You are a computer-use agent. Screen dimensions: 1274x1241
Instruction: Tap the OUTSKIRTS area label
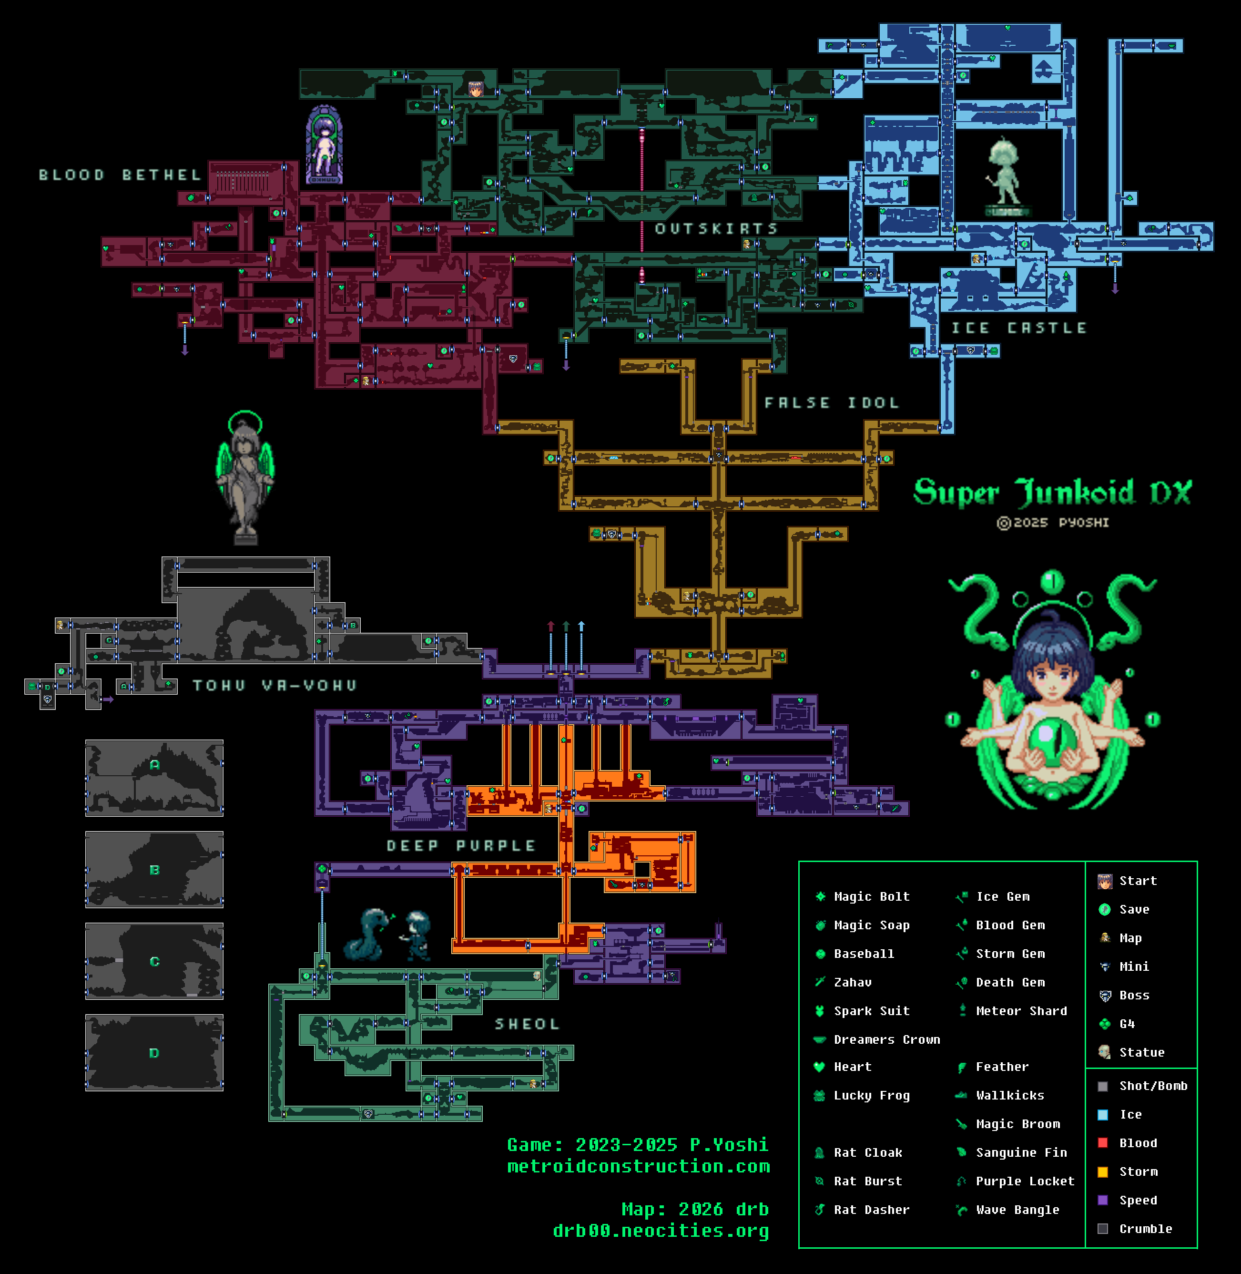[716, 229]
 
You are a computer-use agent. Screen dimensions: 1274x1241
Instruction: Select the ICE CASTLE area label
[1019, 328]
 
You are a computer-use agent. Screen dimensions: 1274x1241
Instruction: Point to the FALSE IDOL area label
[832, 403]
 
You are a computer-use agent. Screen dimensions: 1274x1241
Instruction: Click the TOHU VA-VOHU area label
[275, 685]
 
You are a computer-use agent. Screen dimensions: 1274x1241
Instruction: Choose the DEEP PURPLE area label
[461, 846]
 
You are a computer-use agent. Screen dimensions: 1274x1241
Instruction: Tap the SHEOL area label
[527, 1024]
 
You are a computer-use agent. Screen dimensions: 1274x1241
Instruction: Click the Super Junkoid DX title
[1052, 492]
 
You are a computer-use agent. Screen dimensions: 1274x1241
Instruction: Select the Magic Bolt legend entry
[871, 896]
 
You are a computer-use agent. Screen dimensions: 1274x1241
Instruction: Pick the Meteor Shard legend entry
[1021, 1011]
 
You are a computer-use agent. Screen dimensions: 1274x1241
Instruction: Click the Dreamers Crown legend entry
[886, 1039]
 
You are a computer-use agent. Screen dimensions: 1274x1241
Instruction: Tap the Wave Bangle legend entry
[1017, 1210]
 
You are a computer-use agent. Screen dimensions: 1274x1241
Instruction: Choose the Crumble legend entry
[1145, 1228]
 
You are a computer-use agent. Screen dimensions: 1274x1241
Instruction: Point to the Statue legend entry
[1141, 1052]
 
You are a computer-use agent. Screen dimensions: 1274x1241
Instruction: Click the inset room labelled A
[154, 777]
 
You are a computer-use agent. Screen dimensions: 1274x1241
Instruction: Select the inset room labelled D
[154, 1052]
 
